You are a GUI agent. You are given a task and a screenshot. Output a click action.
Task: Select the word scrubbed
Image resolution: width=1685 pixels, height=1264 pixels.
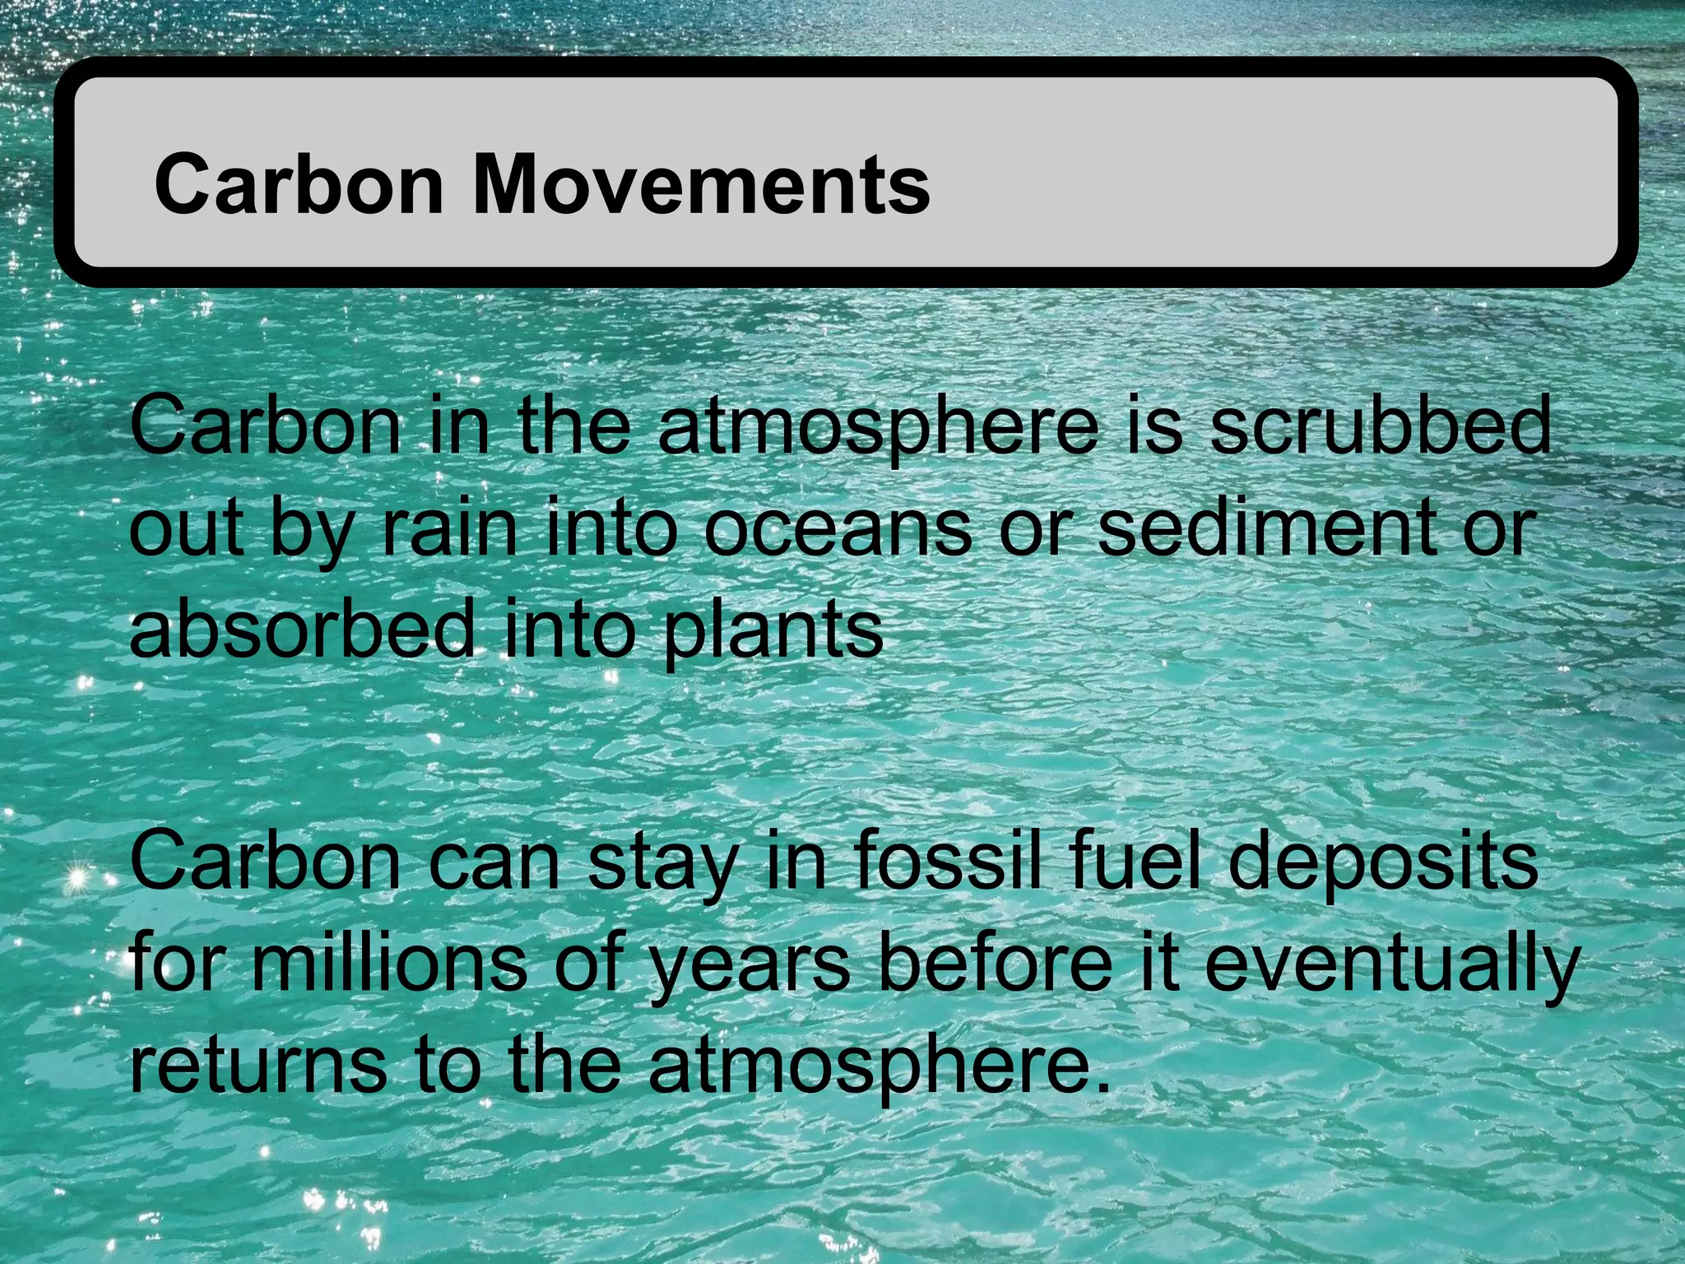pyautogui.click(x=1380, y=425)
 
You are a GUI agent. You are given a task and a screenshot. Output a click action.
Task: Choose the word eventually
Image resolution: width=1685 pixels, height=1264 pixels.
pyautogui.click(x=1391, y=965)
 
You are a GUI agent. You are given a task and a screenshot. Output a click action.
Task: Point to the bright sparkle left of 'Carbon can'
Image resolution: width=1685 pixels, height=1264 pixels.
pyautogui.click(x=78, y=880)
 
